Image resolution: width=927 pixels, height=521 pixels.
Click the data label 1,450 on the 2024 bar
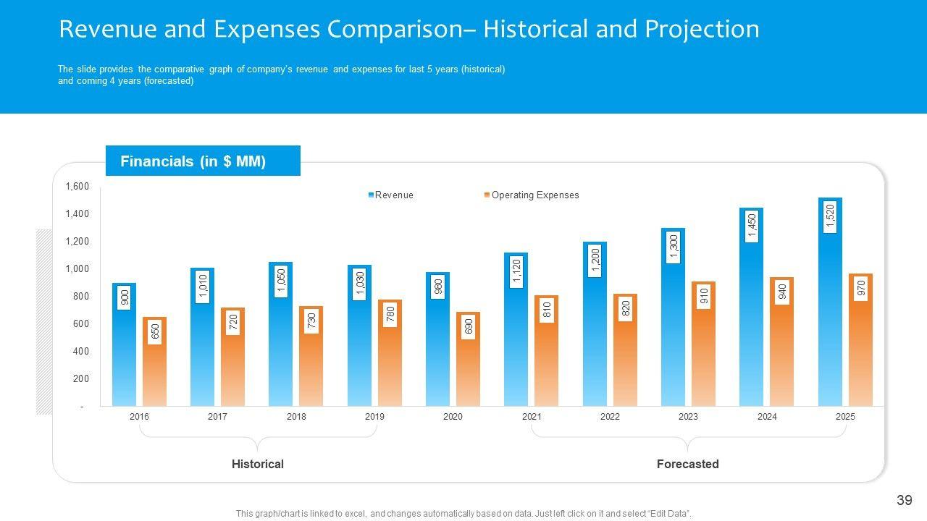click(752, 226)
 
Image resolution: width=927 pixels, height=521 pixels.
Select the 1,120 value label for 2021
click(516, 271)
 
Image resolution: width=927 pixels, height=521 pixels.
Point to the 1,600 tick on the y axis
click(77, 187)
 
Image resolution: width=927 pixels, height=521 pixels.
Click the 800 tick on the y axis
click(80, 297)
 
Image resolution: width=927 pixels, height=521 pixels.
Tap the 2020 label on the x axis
click(453, 417)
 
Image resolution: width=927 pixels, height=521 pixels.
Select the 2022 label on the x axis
click(610, 417)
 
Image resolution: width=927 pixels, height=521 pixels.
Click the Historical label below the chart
click(257, 464)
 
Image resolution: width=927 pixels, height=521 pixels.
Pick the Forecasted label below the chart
click(687, 464)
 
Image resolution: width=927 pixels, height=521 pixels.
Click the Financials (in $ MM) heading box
click(203, 161)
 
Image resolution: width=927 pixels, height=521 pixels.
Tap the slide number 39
click(904, 500)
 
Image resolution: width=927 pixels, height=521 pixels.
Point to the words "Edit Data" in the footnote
click(669, 514)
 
